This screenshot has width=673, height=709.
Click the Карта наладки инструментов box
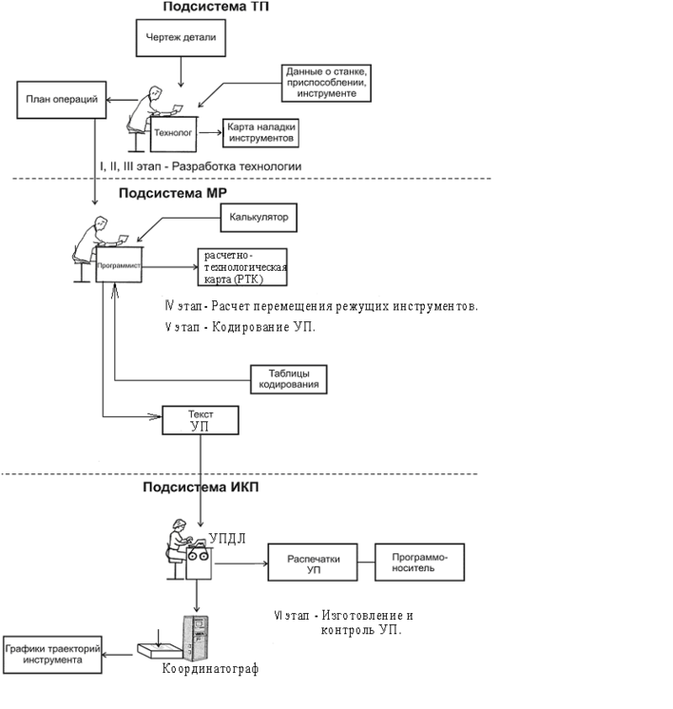point(261,133)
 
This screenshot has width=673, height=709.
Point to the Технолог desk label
point(173,134)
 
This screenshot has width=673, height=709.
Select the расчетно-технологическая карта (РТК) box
point(241,268)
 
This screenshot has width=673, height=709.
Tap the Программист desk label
point(119,267)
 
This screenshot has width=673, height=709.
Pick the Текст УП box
point(200,420)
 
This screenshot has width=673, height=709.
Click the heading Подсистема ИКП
point(200,489)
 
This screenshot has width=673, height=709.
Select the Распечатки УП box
point(314,563)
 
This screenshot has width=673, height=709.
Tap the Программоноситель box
point(421,563)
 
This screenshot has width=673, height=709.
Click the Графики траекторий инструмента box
point(52,654)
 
